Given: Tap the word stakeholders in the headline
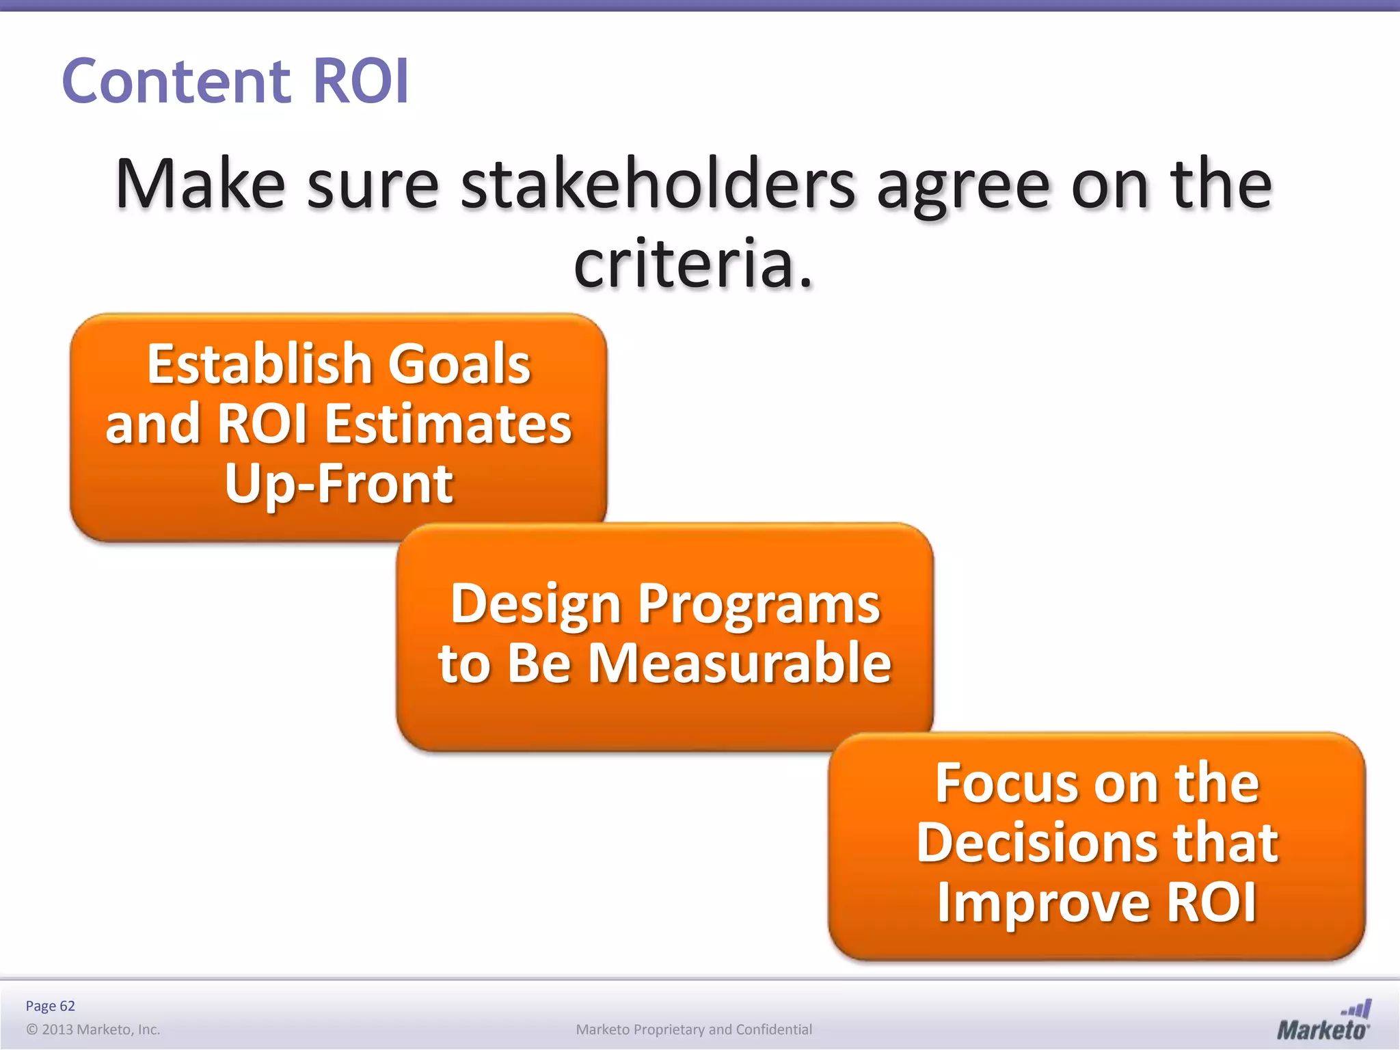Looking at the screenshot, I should pyautogui.click(x=658, y=185).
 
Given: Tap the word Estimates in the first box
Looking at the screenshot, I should pyautogui.click(x=448, y=424).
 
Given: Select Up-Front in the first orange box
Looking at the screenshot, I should pyautogui.click(x=338, y=484).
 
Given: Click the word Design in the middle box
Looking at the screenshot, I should pyautogui.click(x=535, y=604).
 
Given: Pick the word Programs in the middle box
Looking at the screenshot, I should pyautogui.click(x=759, y=604).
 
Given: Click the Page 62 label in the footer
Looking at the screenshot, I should pyautogui.click(x=50, y=1006).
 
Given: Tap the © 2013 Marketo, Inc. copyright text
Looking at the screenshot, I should pyautogui.click(x=93, y=1029).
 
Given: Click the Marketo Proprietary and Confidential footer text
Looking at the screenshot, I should pyautogui.click(x=694, y=1029).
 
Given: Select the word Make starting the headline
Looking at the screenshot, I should pyautogui.click(x=200, y=185).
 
